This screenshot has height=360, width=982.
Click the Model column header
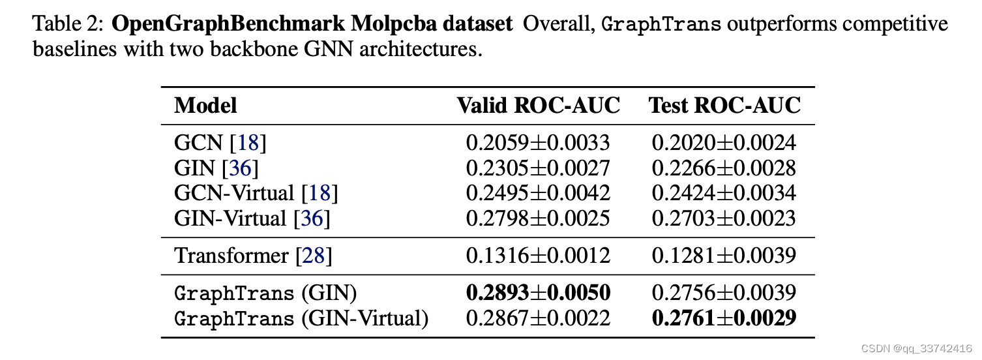[x=205, y=106]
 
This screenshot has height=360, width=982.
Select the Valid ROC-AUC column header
[x=538, y=106]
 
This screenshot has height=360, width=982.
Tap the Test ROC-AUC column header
[x=724, y=106]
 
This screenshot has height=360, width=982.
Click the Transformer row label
[x=231, y=256]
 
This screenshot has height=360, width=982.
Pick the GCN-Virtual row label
[x=234, y=193]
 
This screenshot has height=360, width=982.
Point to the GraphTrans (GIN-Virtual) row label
[x=301, y=318]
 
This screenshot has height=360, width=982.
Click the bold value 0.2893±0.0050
[x=538, y=293]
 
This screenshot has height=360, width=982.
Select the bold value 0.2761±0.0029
[x=724, y=318]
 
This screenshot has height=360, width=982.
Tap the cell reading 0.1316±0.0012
[x=538, y=256]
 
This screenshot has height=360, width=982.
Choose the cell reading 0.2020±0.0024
[x=724, y=143]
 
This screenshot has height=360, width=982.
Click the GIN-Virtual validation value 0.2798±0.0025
[x=538, y=218]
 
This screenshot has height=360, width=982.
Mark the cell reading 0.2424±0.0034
[x=724, y=193]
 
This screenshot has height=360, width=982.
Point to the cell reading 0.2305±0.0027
[x=538, y=168]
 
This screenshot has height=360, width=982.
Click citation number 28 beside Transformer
[x=313, y=256]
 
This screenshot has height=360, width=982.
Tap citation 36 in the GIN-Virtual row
[x=311, y=218]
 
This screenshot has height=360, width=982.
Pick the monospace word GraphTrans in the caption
[x=661, y=25]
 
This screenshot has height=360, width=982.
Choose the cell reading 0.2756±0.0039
[x=724, y=293]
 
